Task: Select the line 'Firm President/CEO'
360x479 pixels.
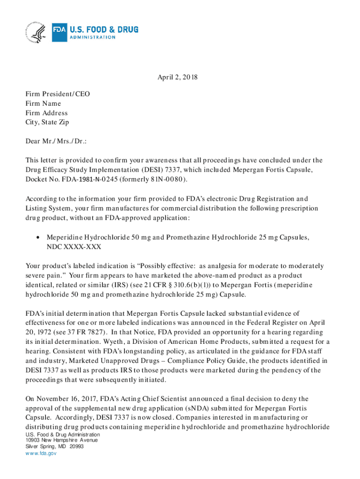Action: coord(58,94)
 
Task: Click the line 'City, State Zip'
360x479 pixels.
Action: coord(47,123)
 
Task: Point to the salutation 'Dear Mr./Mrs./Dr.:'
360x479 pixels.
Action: coord(56,141)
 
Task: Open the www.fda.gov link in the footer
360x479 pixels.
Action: coord(41,453)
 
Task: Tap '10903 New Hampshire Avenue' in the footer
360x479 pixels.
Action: coord(61,440)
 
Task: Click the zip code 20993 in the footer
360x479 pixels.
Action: coord(76,447)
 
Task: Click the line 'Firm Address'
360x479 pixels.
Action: coord(47,113)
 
